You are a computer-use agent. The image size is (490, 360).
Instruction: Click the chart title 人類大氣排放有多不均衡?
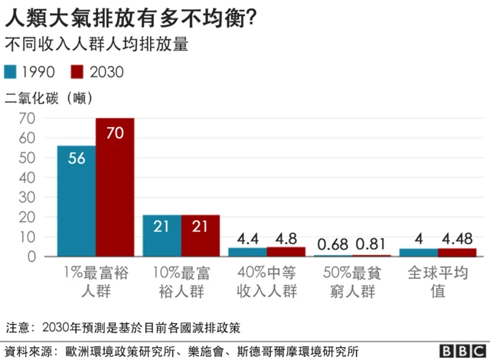pyautogui.click(x=130, y=16)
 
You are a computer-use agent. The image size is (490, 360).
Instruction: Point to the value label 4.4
pyautogui.click(x=247, y=237)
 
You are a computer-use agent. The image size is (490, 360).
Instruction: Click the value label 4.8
pyautogui.click(x=286, y=237)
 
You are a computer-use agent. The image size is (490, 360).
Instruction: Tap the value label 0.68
pyautogui.click(x=332, y=244)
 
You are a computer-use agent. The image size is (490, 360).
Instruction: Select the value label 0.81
pyautogui.click(x=372, y=244)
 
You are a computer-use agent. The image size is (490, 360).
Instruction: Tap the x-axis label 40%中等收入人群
pyautogui.click(x=266, y=281)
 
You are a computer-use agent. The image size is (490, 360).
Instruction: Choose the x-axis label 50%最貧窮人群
pyautogui.click(x=353, y=281)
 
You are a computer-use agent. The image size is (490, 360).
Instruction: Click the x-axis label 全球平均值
pyautogui.click(x=439, y=281)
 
